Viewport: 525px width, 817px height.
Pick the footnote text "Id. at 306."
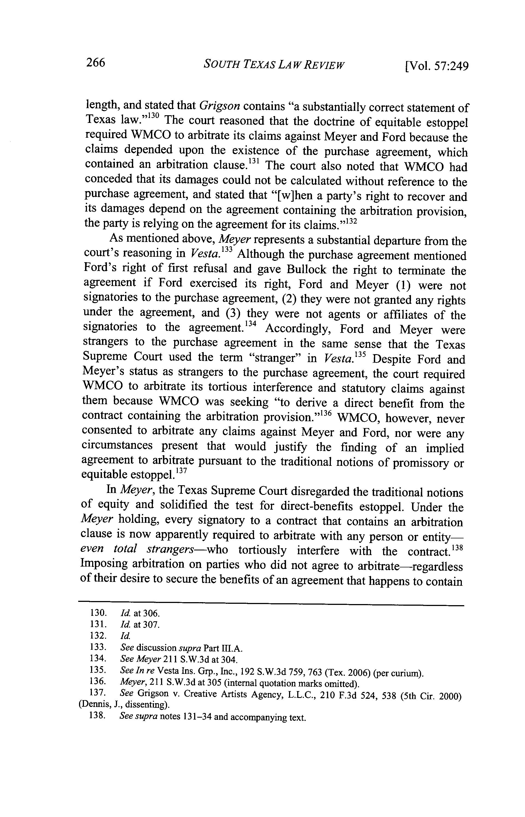pos(140,613)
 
